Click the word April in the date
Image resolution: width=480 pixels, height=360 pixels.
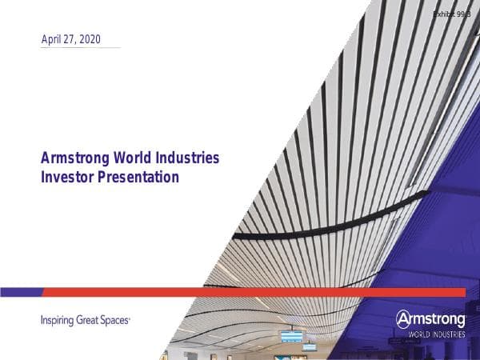(x=52, y=39)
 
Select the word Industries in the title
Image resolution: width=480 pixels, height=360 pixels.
(x=190, y=158)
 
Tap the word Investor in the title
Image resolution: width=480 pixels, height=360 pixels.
(x=67, y=177)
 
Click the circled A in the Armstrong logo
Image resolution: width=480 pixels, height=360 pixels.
(x=403, y=318)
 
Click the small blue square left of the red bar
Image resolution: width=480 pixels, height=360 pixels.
(x=20, y=292)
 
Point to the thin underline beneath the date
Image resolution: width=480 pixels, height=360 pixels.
(x=80, y=48)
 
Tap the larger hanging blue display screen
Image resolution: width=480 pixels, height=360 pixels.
(x=291, y=336)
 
